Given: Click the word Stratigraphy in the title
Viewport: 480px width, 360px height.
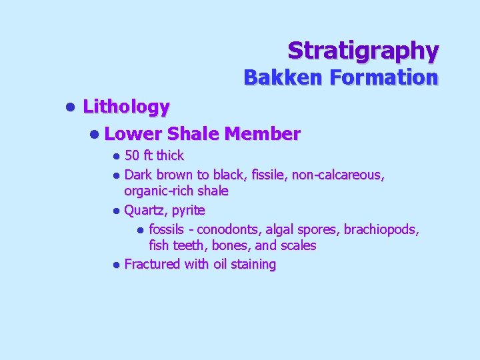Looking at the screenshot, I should click(x=363, y=50).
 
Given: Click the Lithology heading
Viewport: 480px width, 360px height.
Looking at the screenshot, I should click(x=126, y=106).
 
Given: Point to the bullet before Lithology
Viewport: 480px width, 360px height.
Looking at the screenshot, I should click(x=69, y=107).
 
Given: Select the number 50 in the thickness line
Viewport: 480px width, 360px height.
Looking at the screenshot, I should click(x=132, y=156).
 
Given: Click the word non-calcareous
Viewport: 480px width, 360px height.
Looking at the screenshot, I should click(x=340, y=175).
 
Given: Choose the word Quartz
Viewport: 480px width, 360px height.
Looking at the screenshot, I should click(x=146, y=211).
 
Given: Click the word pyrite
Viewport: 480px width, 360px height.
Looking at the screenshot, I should click(x=189, y=211).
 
